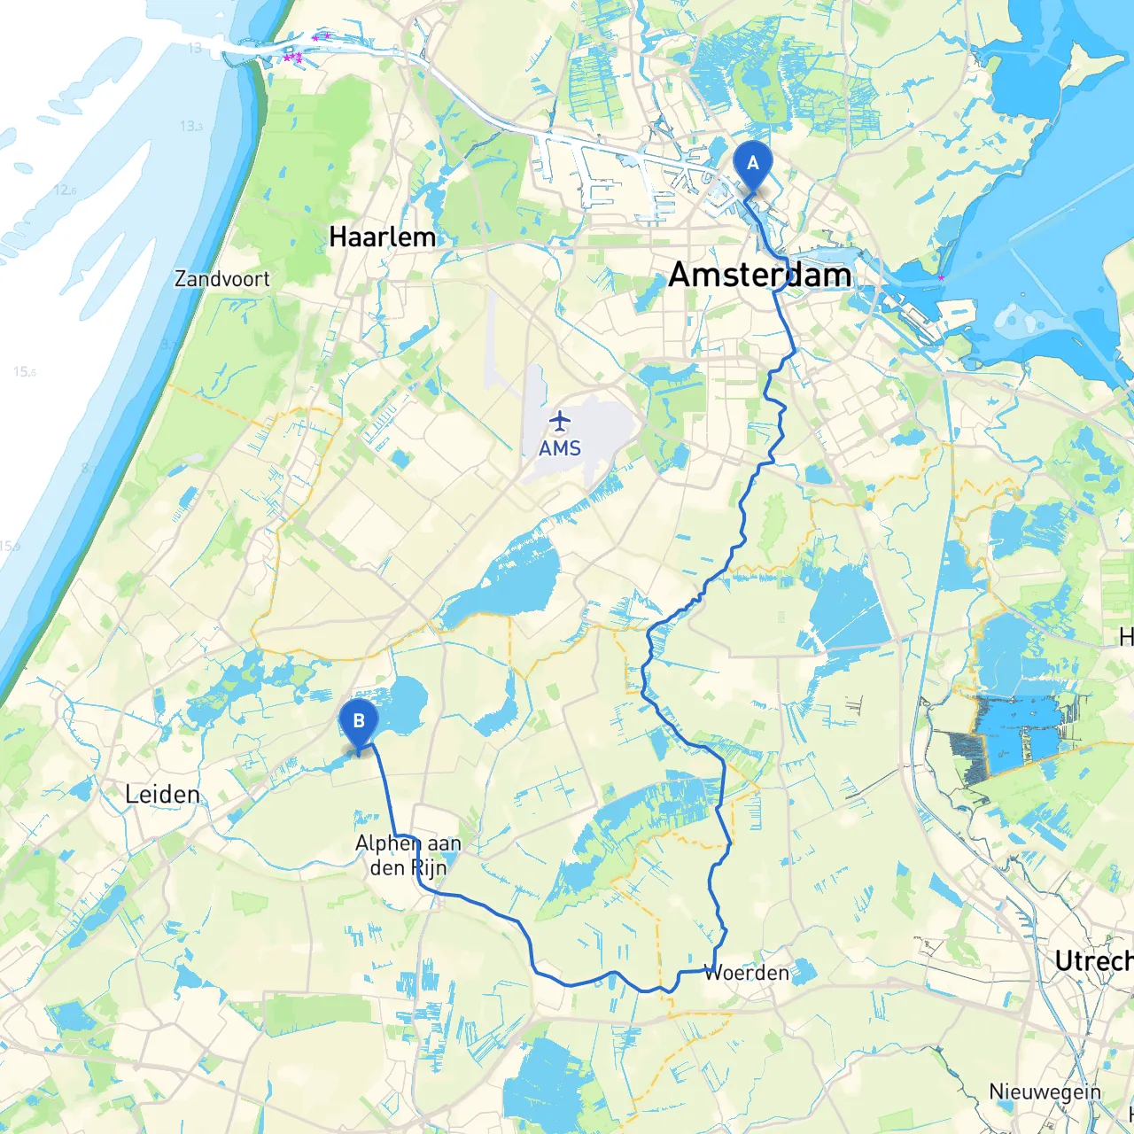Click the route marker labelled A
click(x=753, y=165)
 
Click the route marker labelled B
click(x=359, y=722)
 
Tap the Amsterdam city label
click(x=759, y=275)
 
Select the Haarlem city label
click(x=382, y=237)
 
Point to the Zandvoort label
click(x=221, y=279)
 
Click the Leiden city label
click(x=162, y=794)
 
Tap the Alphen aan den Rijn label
click(x=408, y=855)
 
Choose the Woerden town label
click(x=746, y=973)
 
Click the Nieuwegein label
click(x=1045, y=1092)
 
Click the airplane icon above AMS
click(x=560, y=419)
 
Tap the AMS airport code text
click(x=560, y=448)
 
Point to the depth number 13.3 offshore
click(x=191, y=126)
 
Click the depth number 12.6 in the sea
click(x=65, y=190)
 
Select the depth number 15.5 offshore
click(x=25, y=372)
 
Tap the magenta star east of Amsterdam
click(x=941, y=278)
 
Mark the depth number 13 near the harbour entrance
click(x=195, y=48)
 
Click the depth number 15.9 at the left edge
click(x=9, y=546)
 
